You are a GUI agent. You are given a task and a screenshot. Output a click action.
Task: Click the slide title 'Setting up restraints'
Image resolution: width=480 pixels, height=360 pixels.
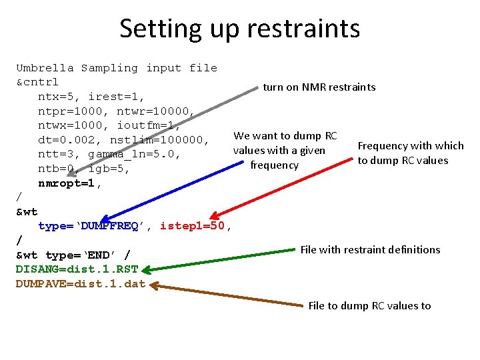(239, 29)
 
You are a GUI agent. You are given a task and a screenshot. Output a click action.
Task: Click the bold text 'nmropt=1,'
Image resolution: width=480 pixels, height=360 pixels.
(70, 183)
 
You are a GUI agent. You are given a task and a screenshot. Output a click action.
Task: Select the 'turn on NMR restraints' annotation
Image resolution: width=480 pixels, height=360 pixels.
(319, 87)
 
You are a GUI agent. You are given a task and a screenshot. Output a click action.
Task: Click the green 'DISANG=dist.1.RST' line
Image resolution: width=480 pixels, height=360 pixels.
(77, 269)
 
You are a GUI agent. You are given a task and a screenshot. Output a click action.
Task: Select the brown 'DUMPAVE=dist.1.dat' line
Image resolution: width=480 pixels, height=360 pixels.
(80, 284)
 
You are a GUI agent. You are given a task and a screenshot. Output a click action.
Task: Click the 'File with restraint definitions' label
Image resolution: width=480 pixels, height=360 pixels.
(370, 250)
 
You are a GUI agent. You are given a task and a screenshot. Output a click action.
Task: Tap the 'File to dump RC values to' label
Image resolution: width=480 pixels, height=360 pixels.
(369, 306)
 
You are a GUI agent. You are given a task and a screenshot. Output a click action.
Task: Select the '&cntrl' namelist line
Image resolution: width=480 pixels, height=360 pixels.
(37, 83)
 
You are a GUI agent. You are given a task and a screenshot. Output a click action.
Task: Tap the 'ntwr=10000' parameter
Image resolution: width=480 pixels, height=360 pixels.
(155, 111)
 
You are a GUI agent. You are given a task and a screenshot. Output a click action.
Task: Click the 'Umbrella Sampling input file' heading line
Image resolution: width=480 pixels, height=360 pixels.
(117, 68)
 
